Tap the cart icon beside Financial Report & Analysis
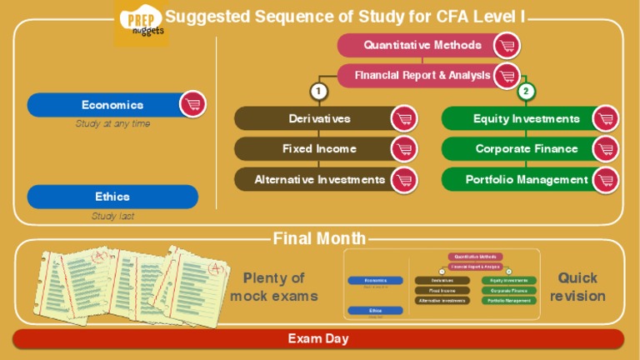pyautogui.click(x=507, y=76)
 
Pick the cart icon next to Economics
pyautogui.click(x=193, y=104)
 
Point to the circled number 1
pyautogui.click(x=317, y=91)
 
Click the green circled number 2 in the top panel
pyautogui.click(x=526, y=91)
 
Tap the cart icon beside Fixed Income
pyautogui.click(x=404, y=149)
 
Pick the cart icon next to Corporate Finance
pyautogui.click(x=606, y=149)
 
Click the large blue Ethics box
pyautogui.click(x=112, y=197)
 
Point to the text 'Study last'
pyautogui.click(x=112, y=216)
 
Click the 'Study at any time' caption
pyautogui.click(x=112, y=124)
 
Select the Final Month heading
pyautogui.click(x=319, y=239)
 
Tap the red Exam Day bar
pyautogui.click(x=318, y=339)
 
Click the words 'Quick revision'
pyautogui.click(x=577, y=287)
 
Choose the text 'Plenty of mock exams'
pyautogui.click(x=274, y=287)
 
